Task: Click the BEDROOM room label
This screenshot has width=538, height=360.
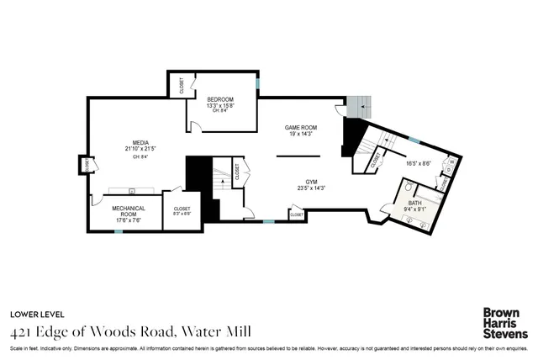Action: coord(219,99)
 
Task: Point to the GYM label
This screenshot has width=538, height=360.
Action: coord(311,181)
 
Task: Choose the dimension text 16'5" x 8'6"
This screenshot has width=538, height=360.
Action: coord(418,164)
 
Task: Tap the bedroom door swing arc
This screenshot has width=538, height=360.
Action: coord(194,126)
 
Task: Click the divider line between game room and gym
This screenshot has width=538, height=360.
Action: coord(298,156)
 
